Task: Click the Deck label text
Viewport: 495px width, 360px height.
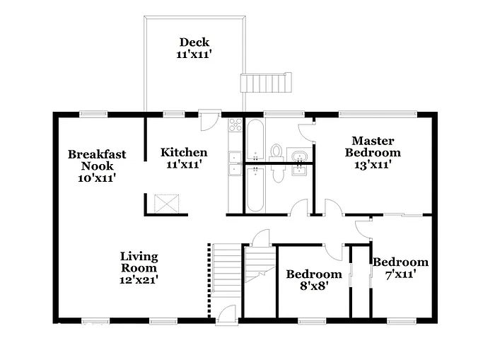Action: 194,42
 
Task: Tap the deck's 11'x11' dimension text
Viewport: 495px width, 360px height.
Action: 194,54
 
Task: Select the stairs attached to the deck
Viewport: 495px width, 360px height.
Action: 265,83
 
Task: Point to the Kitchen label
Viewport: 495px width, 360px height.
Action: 184,152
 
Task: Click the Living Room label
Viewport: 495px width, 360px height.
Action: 139,262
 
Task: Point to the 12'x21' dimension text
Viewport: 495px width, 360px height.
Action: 139,279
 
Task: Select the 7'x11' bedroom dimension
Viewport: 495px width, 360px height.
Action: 400,274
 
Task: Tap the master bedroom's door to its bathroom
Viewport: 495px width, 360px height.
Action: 306,132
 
